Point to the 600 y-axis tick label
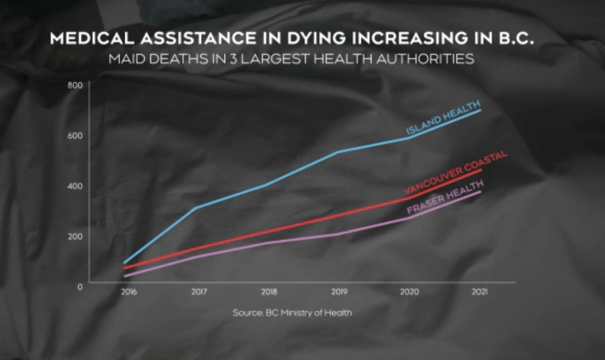74,135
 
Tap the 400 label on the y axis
74,186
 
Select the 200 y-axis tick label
74,236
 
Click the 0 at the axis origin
79,286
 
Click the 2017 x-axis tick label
199,292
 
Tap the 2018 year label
269,292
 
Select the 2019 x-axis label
339,292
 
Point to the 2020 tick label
409,292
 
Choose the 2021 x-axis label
479,292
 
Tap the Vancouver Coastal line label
455,173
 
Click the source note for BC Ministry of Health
292,313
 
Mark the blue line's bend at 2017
195,208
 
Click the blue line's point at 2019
338,152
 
